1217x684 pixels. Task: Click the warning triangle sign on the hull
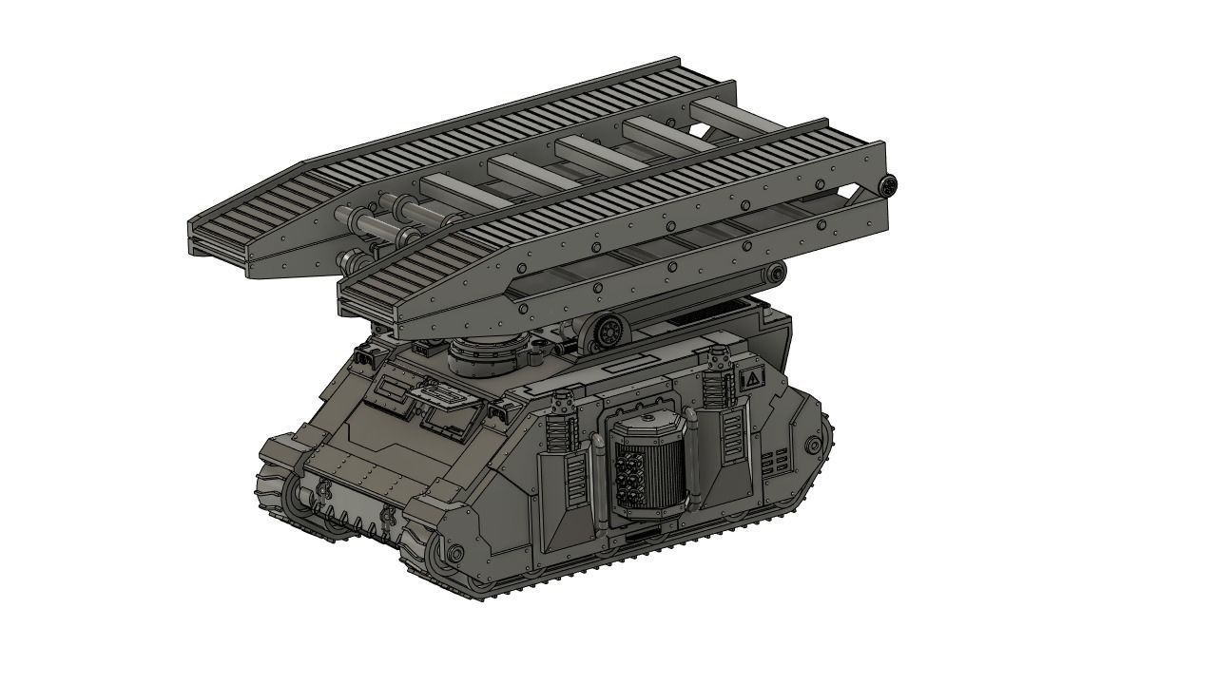(751, 379)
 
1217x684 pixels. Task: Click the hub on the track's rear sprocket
(813, 446)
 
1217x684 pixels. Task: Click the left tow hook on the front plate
(323, 490)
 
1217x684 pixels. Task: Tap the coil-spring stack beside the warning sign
(718, 363)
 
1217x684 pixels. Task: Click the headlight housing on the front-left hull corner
(363, 358)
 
